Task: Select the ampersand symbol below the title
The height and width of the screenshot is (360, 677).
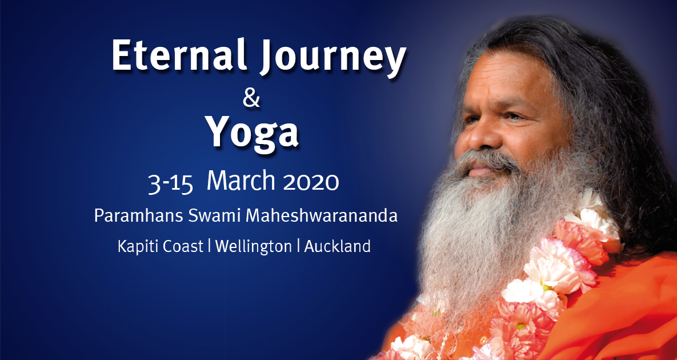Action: tap(251, 98)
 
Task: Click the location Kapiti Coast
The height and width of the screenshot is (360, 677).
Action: tap(159, 246)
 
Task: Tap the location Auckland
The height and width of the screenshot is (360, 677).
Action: tap(337, 246)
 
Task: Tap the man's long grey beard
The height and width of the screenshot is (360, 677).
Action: tap(486, 229)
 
